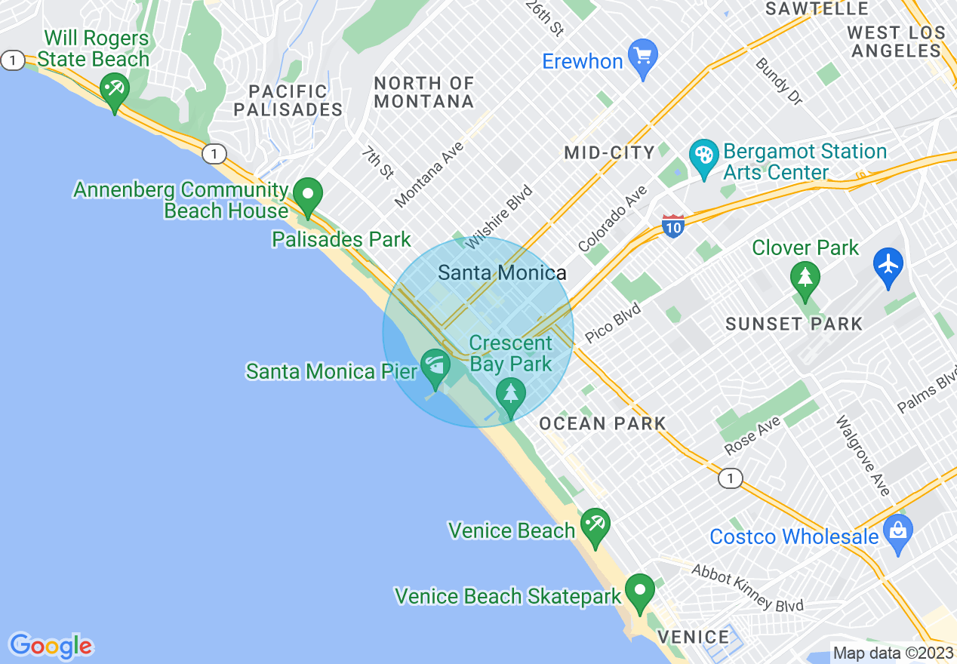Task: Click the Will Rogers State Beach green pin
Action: click(x=115, y=93)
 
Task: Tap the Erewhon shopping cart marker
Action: click(x=643, y=57)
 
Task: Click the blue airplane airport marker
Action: click(x=888, y=266)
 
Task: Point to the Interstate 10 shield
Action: click(x=673, y=225)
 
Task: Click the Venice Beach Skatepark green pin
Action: click(x=641, y=592)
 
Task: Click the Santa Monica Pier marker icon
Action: click(x=435, y=367)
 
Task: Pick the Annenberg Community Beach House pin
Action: click(x=308, y=195)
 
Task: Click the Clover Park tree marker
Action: click(x=805, y=278)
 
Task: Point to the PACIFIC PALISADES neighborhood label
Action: click(x=288, y=100)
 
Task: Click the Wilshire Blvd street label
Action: click(x=499, y=217)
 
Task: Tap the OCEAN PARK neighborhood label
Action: click(x=602, y=424)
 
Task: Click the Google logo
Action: click(x=51, y=646)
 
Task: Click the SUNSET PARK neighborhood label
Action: click(x=793, y=324)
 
